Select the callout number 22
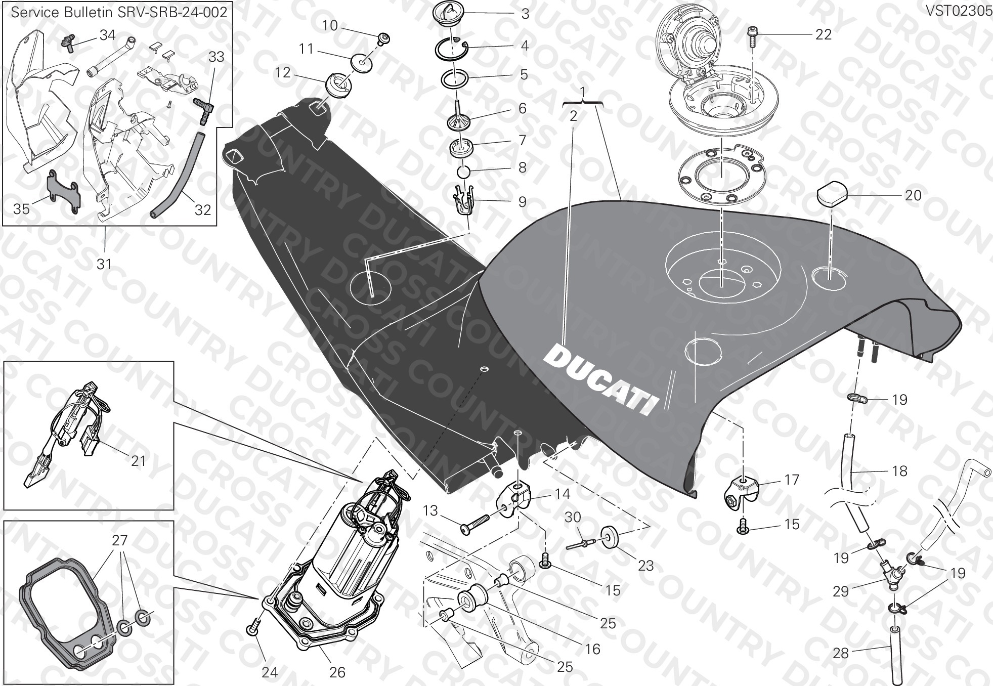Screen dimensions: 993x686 [824, 34]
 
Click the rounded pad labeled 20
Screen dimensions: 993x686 [832, 195]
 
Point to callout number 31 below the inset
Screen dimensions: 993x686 [104, 264]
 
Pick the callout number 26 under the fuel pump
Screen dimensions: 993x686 [337, 672]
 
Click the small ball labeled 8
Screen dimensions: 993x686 [463, 172]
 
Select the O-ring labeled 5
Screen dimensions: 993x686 [455, 79]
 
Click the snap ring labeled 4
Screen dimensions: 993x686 [452, 48]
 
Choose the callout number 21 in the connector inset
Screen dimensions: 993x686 [138, 460]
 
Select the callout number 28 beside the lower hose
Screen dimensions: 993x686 [840, 654]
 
